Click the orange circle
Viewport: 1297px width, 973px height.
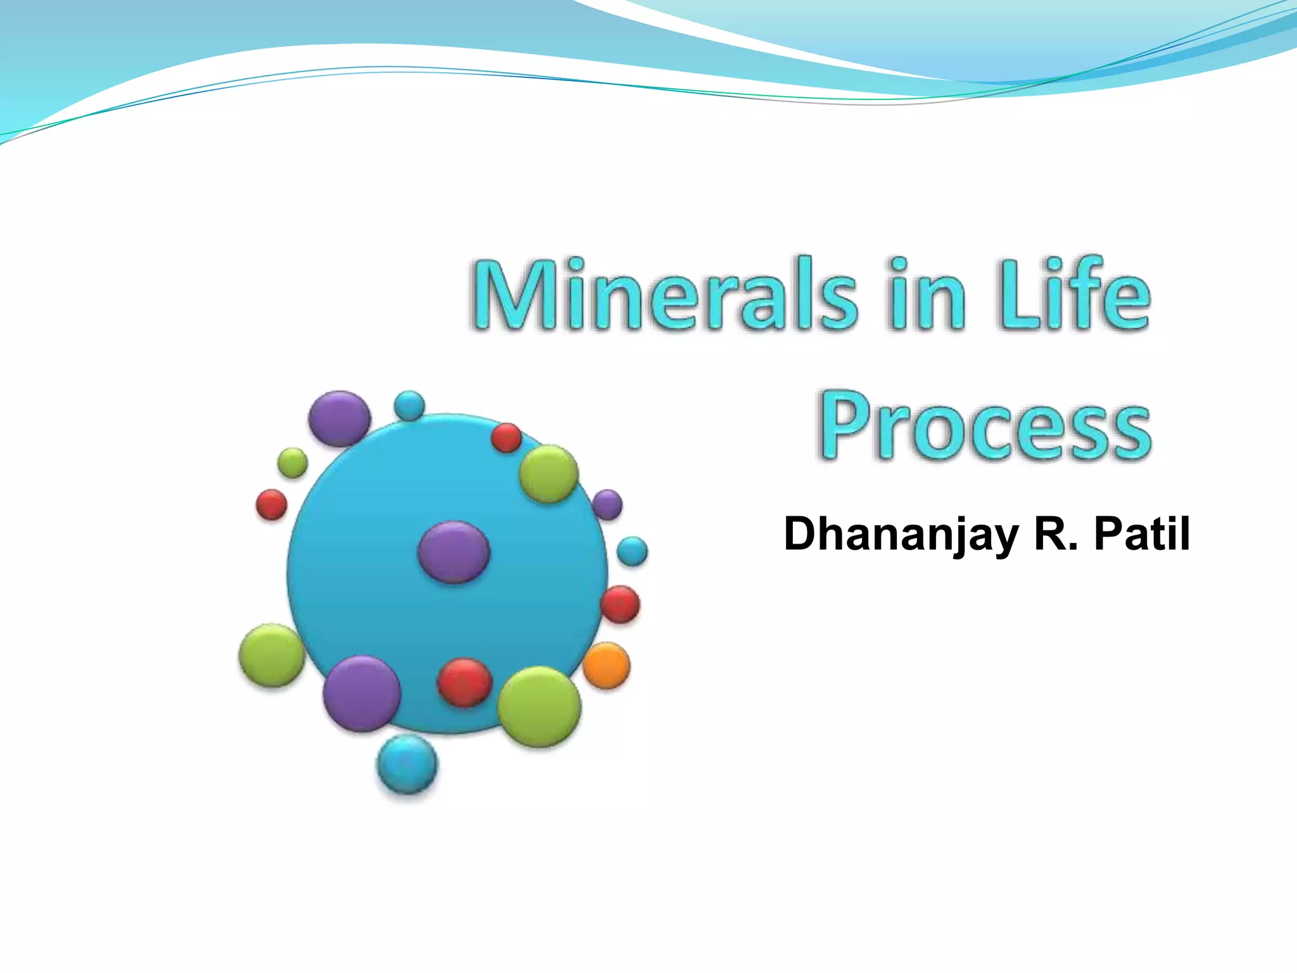pos(606,665)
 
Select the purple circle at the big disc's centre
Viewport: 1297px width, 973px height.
pos(453,552)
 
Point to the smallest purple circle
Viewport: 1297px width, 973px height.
pos(607,505)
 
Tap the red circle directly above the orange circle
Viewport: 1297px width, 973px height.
pos(620,604)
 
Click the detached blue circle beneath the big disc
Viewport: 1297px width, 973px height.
pos(407,765)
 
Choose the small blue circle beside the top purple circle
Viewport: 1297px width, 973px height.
pos(409,405)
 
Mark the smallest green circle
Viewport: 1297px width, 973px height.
pos(293,463)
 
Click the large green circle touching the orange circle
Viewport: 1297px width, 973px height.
pos(540,707)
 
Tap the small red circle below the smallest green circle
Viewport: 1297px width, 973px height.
pos(272,505)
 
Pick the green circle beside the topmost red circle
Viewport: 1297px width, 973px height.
pos(548,474)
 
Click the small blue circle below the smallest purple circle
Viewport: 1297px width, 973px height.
pos(632,551)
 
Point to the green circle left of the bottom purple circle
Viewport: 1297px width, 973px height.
pos(272,655)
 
